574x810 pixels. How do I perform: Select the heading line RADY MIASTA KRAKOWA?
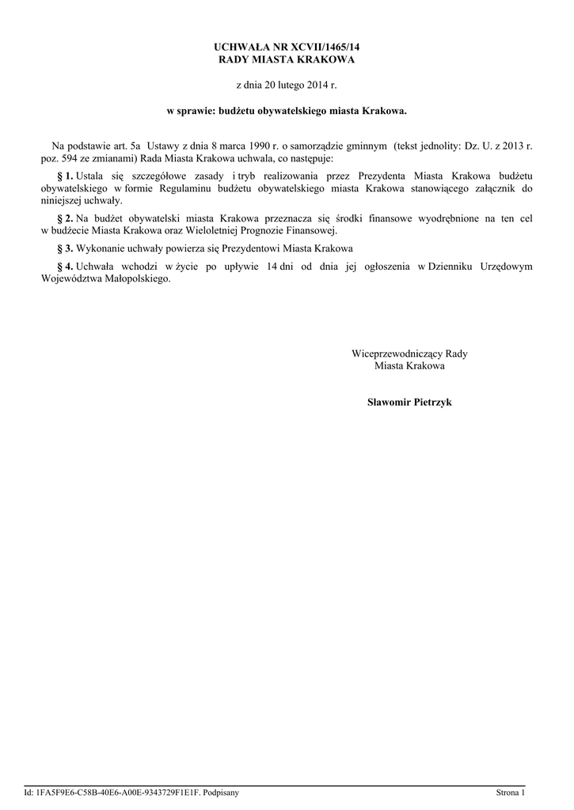(287, 59)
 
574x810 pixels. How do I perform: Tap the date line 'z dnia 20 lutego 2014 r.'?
(287, 84)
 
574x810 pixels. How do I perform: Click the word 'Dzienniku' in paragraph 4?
(451, 267)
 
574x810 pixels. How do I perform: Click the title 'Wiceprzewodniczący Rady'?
(409, 354)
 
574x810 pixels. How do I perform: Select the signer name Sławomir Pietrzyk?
(409, 403)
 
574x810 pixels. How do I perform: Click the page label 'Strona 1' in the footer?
(511, 792)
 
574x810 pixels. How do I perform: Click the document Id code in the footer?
(120, 792)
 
